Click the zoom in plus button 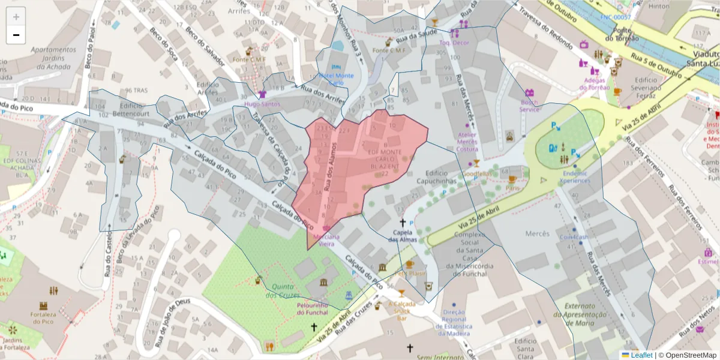pos(16,17)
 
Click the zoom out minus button pos(16,35)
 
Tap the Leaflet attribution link pos(641,355)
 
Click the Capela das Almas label pos(402,236)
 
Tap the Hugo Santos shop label pos(262,104)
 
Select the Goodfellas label pos(477,174)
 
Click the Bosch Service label pos(530,106)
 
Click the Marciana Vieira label pos(326,240)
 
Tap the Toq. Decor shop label pos(454,43)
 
